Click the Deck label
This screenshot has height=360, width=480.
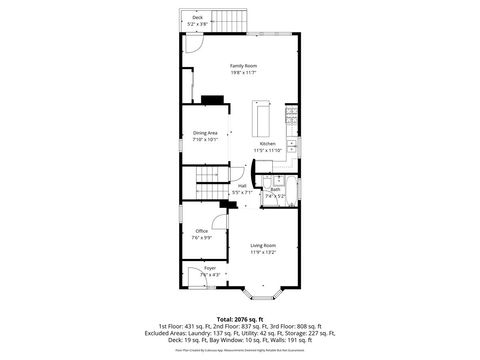197,18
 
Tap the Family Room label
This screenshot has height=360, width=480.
244,65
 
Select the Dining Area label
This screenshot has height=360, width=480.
206,133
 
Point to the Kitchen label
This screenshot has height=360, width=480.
268,144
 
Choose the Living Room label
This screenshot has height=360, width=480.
263,245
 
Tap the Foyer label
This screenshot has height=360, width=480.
210,268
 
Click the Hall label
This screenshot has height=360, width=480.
242,185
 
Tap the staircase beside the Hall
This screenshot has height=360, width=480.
210,184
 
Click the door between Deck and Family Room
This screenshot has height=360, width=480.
193,45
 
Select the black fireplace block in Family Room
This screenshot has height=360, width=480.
213,99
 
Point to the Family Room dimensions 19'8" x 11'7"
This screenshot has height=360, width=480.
244,72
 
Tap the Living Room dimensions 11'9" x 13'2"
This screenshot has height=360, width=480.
263,252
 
